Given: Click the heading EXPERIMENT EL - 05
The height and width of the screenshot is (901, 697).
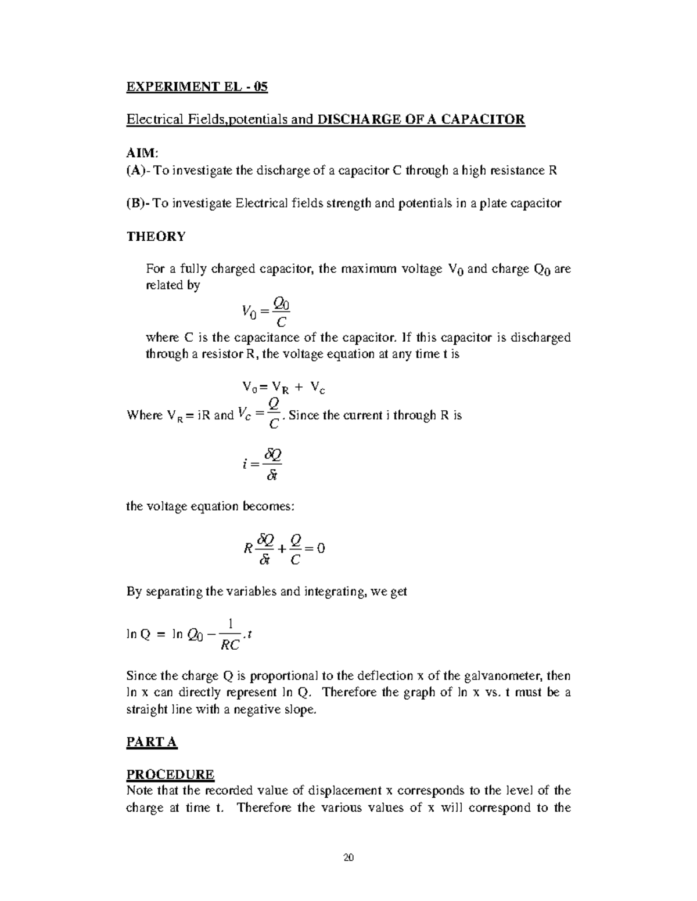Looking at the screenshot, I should tap(197, 87).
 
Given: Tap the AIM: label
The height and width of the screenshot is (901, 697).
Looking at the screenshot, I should tap(142, 153).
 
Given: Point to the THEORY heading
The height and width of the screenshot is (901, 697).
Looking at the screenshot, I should tap(156, 236).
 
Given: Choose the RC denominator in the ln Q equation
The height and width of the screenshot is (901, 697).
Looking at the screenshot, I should tap(230, 644).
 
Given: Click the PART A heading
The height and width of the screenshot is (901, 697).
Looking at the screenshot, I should tap(152, 742).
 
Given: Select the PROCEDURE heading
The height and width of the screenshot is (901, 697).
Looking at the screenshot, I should tap(170, 775).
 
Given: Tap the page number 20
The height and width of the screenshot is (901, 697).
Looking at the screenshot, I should tap(348, 858).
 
